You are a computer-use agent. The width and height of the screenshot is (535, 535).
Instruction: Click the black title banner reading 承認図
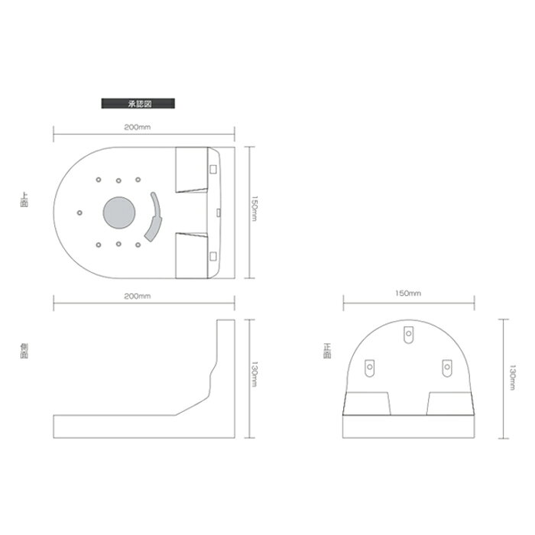(138, 102)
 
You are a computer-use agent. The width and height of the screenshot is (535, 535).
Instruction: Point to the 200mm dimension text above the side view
(142, 296)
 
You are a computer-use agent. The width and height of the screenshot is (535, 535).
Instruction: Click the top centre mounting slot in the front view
(408, 333)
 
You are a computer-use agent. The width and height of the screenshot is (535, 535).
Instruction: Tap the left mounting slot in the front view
(370, 368)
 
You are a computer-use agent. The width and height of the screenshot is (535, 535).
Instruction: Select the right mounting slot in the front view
(446, 368)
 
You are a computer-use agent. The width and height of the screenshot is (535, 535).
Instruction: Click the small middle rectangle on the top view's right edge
(219, 211)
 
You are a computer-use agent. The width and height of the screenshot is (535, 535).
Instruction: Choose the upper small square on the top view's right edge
(213, 168)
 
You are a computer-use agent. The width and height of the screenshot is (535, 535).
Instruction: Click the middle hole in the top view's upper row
(118, 180)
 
